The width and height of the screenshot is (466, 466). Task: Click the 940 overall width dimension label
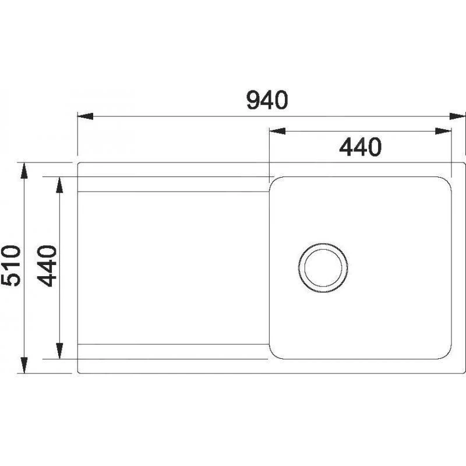pyautogui.click(x=267, y=101)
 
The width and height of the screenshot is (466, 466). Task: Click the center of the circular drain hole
pyautogui.click(x=323, y=265)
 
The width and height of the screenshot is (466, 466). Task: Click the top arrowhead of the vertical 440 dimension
pyautogui.click(x=59, y=184)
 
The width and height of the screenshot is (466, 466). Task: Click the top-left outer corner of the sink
pyautogui.click(x=79, y=164)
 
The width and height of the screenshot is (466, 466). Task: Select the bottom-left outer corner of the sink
pyautogui.click(x=79, y=372)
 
